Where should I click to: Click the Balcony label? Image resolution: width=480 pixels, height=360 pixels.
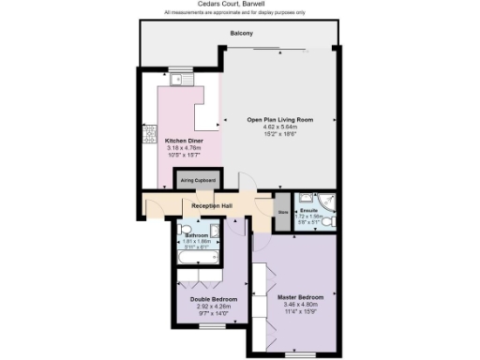point(240,35)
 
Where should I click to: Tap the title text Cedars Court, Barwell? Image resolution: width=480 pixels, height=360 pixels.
point(240,5)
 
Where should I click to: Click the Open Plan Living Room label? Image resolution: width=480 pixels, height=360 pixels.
point(279,120)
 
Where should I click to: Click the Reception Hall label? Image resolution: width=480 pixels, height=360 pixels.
point(213,204)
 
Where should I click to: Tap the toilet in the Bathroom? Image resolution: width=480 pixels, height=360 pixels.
point(215,231)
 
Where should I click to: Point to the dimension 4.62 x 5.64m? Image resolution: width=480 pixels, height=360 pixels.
point(279,128)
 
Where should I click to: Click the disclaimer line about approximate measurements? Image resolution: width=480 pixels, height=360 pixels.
point(240,12)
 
